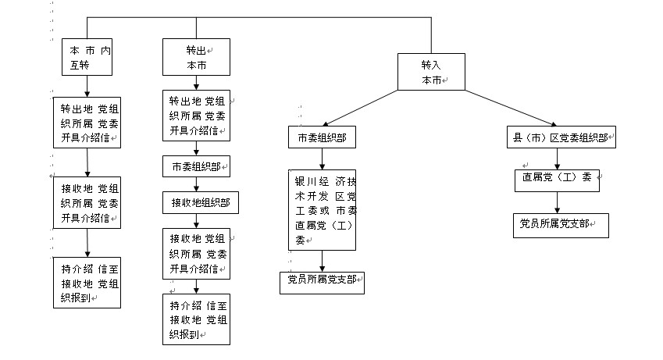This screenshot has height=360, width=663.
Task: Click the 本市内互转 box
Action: point(87,56)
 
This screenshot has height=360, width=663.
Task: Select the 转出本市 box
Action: point(195,57)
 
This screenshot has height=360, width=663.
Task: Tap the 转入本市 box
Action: point(431,71)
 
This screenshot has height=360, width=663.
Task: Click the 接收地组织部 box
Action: point(201,203)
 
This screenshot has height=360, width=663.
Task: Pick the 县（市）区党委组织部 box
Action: point(559,137)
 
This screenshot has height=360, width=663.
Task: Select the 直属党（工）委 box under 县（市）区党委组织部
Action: point(556,179)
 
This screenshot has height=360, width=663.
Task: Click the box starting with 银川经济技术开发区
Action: point(321,211)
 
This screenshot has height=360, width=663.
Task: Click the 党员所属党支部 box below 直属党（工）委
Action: point(559,225)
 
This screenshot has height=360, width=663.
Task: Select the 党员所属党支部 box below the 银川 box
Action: point(322,282)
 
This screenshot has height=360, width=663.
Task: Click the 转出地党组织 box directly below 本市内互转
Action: point(87,122)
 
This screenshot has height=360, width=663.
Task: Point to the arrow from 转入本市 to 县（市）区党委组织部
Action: point(508,107)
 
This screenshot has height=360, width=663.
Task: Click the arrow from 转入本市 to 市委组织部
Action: point(363,107)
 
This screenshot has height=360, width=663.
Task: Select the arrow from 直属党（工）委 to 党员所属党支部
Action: point(557,202)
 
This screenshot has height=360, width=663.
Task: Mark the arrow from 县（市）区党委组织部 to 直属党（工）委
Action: point(557,158)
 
